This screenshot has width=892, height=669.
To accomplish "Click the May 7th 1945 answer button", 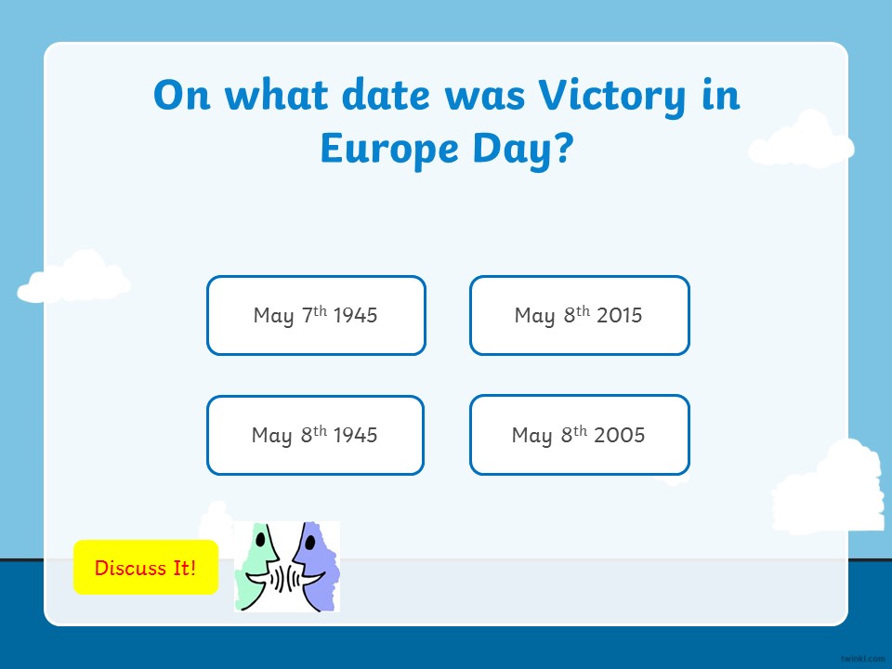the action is pos(316,316).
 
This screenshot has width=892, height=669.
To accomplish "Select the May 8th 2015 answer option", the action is pos(580,316).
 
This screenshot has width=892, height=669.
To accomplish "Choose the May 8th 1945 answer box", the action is pos(316,435).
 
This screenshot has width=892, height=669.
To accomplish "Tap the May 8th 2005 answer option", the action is pos(580,435).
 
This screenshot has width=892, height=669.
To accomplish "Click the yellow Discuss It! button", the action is pos(146,567).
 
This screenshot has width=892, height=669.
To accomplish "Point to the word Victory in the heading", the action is pos(612,96).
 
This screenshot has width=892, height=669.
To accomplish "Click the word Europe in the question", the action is pos(389,149).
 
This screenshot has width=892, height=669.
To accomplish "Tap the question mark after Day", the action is pos(563,148).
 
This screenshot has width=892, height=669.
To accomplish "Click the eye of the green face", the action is pos(260,539).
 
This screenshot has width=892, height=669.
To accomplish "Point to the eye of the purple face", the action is pos(310,542).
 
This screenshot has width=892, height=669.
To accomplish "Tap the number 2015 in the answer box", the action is pos(619,315).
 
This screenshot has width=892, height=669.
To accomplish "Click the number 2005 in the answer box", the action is pos(619,435).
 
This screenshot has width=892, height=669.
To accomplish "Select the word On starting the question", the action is pos(182,95).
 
